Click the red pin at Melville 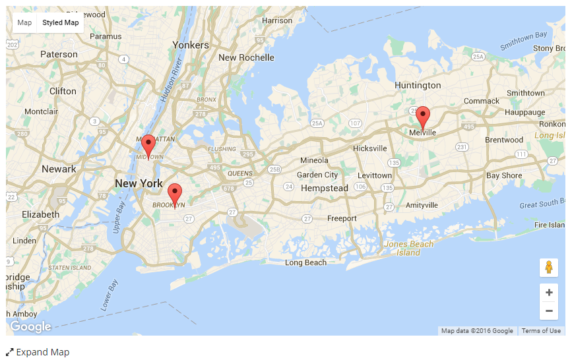(x=423, y=115)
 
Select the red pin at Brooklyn (x=175, y=193)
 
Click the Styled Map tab (x=61, y=22)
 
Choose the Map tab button (x=24, y=22)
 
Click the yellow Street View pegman (x=548, y=268)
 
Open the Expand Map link (x=38, y=352)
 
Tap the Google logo (x=30, y=326)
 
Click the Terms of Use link (x=541, y=331)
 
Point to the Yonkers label (x=191, y=45)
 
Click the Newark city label (x=59, y=169)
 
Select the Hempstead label (x=324, y=189)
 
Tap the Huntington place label (x=418, y=85)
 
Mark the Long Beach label (x=305, y=262)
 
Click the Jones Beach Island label (x=408, y=249)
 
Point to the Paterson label (x=59, y=54)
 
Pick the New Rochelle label (x=246, y=57)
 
